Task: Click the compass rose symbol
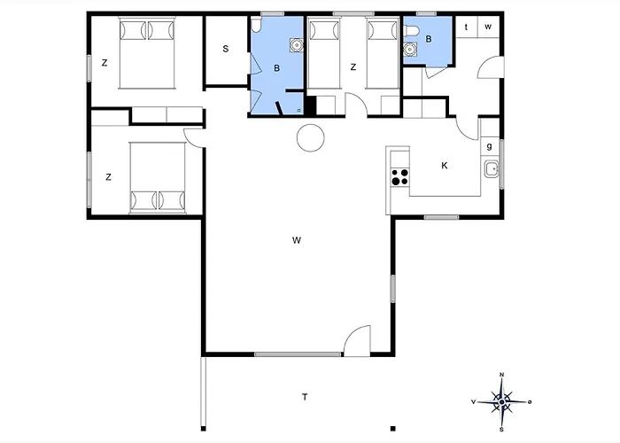tap(502, 402)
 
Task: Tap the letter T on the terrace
tap(304, 397)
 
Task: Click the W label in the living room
tap(298, 240)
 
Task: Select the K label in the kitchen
tap(445, 166)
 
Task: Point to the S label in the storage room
tap(226, 49)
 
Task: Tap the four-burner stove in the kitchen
tap(400, 176)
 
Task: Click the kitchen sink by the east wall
tap(491, 168)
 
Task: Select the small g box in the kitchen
tap(489, 146)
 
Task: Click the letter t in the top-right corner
tap(466, 27)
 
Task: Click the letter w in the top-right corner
tap(487, 27)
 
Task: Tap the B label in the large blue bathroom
tap(277, 68)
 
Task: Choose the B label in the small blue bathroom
tap(429, 39)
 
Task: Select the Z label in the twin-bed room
tap(353, 66)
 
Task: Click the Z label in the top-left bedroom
tap(105, 63)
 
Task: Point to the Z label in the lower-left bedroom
tap(108, 177)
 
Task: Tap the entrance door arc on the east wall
tap(490, 66)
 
